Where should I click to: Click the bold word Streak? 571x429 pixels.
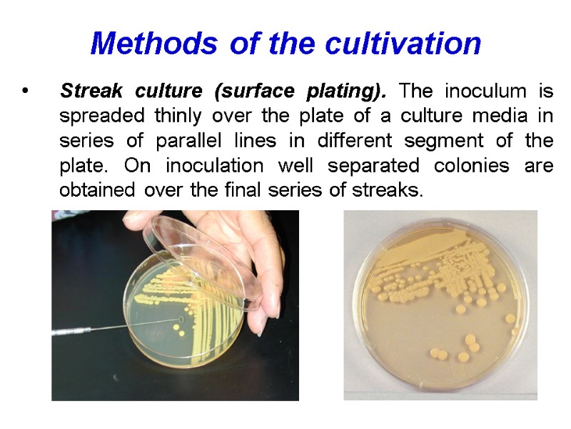pos(87,92)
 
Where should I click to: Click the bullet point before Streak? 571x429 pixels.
pos(26,93)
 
